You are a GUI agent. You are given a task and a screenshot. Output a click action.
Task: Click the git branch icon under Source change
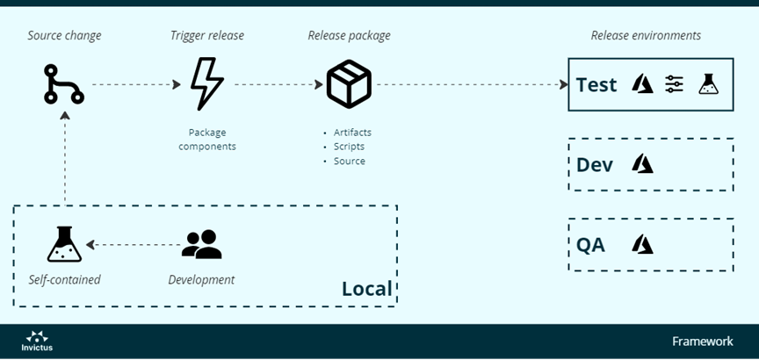(x=64, y=84)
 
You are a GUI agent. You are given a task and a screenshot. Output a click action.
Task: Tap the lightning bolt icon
(x=207, y=84)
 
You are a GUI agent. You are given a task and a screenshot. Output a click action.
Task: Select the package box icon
(x=349, y=84)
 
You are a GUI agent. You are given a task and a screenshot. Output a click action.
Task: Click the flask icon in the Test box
(x=708, y=84)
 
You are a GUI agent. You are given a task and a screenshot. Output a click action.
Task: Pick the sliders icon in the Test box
(x=674, y=84)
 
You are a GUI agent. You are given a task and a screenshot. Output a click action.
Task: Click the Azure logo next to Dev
(x=643, y=164)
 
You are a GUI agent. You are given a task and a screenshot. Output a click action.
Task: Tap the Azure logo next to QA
(x=643, y=244)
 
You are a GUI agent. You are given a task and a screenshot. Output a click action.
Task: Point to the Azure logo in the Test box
(x=643, y=84)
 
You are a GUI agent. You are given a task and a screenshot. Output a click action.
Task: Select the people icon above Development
(x=201, y=244)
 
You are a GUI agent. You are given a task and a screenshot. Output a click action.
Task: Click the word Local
(x=366, y=289)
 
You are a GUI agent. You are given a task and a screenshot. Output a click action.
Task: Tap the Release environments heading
(x=646, y=36)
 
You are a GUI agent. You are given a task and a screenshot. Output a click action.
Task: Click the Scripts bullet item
(x=349, y=147)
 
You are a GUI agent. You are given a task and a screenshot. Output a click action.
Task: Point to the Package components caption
(x=207, y=140)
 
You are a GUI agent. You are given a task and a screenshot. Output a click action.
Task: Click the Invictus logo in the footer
(x=38, y=341)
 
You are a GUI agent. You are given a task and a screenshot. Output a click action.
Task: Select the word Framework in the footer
(x=702, y=341)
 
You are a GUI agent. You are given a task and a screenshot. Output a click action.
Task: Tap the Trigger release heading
(x=207, y=36)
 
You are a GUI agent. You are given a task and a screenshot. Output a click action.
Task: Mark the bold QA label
(x=590, y=245)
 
